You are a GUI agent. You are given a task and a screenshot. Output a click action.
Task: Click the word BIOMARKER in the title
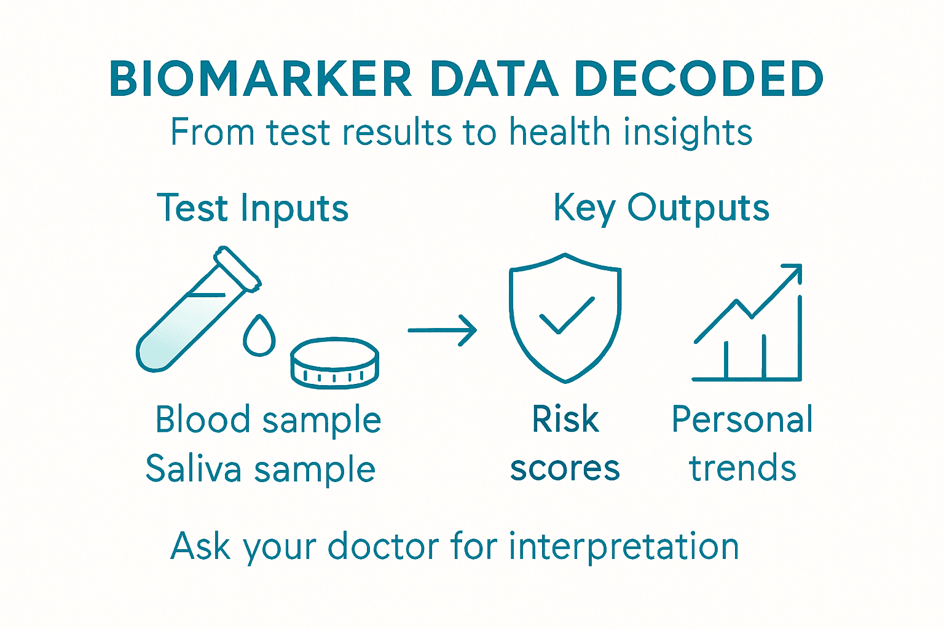pos(261,79)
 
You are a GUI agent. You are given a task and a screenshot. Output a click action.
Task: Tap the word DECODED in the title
pos(699,79)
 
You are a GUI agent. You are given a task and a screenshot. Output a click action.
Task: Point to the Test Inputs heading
pos(253,208)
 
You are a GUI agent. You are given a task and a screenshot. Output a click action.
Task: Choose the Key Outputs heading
pos(661,208)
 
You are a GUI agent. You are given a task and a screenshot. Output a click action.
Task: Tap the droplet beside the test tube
pos(259,336)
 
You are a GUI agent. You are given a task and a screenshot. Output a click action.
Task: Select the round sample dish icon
pos(334,362)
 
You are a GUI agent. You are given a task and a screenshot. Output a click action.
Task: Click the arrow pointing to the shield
pos(442,330)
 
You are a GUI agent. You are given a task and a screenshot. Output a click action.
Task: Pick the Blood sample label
pos(268,420)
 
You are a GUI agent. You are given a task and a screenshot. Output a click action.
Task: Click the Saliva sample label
pos(260,469)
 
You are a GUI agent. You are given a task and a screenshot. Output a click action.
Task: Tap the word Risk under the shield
pos(565,420)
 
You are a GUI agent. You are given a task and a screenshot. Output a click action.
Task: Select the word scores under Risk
pos(565,469)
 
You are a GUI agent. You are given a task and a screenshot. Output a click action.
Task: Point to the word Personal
pos(742,420)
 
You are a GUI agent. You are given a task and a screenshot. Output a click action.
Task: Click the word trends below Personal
pos(742,469)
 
